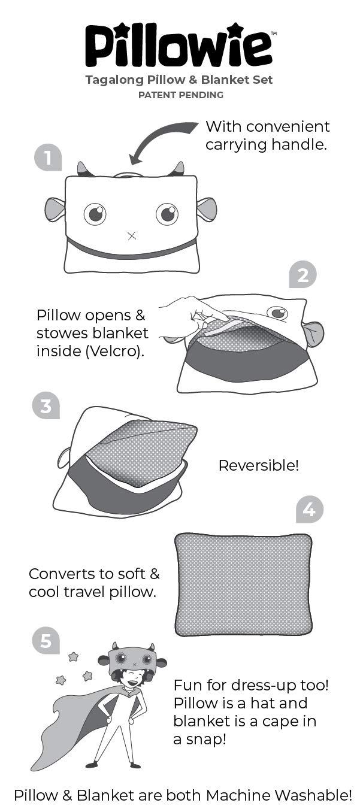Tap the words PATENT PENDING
(180, 95)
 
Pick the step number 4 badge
(309, 510)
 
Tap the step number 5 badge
(46, 641)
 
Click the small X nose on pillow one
(132, 236)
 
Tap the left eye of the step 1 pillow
(95, 214)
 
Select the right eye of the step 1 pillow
(167, 213)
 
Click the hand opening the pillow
(192, 311)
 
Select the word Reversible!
(258, 465)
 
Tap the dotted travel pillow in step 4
(243, 584)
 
